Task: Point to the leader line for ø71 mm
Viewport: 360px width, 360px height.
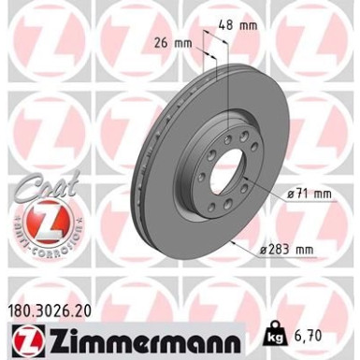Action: (267, 193)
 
